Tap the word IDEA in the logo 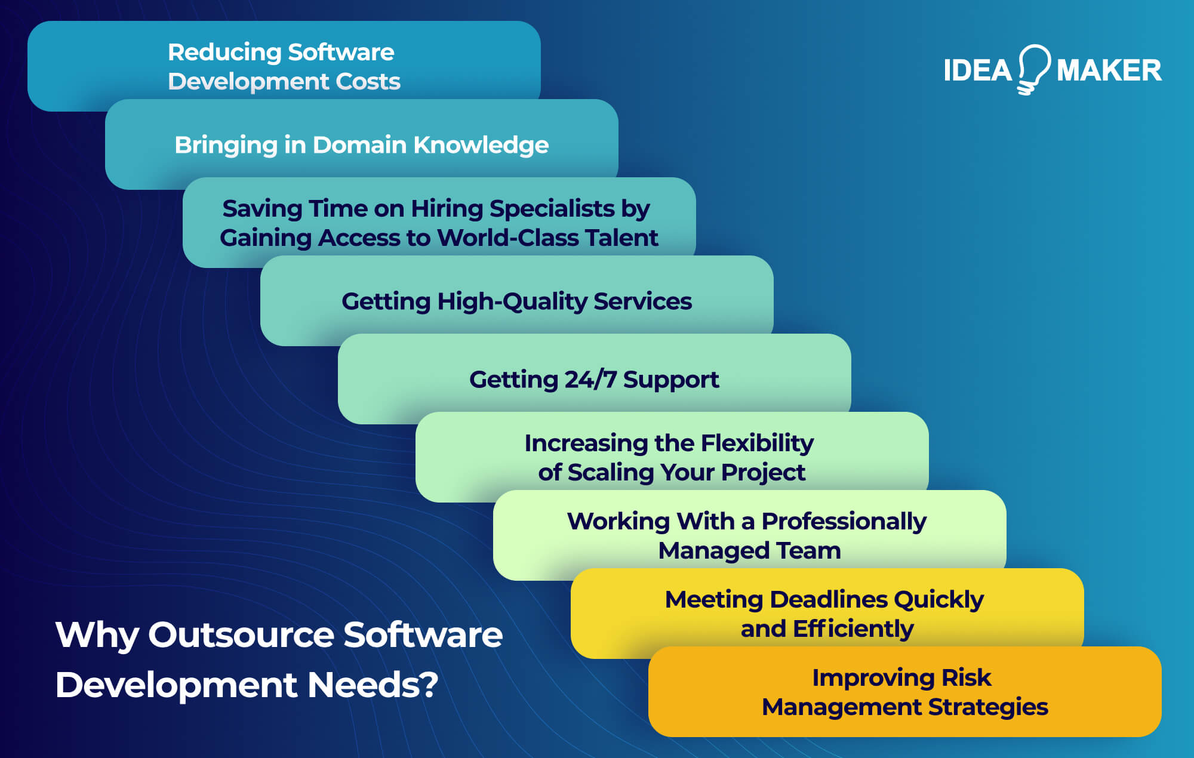pyautogui.click(x=977, y=70)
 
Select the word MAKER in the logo pyautogui.click(x=1109, y=70)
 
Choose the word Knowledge pyautogui.click(x=481, y=145)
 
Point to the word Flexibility pyautogui.click(x=757, y=443)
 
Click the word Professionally pyautogui.click(x=844, y=522)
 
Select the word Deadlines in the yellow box pyautogui.click(x=828, y=600)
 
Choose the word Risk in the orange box pyautogui.click(x=966, y=678)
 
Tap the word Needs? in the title pyautogui.click(x=373, y=685)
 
